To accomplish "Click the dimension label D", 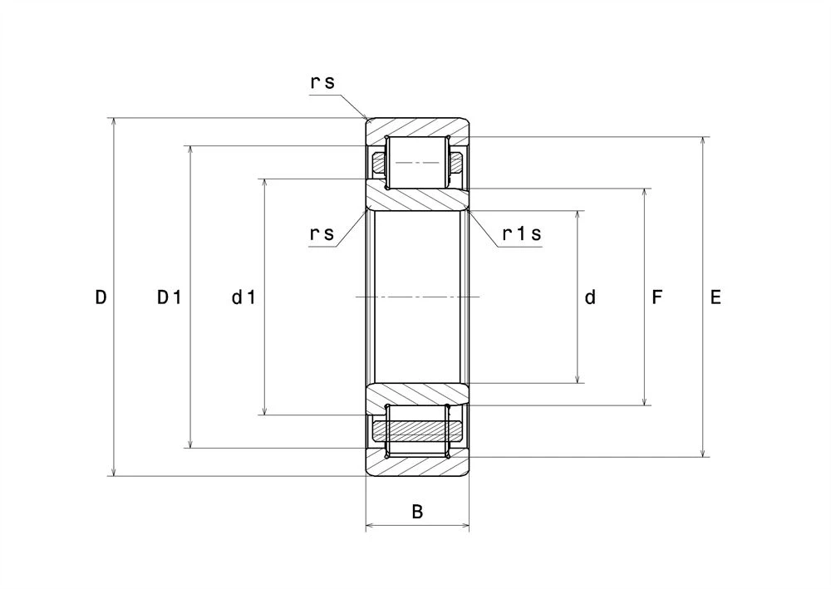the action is [x=101, y=297].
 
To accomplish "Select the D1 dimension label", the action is [x=170, y=297].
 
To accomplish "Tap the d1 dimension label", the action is [x=243, y=297].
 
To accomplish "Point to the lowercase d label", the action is [x=590, y=297].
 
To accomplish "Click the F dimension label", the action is [x=656, y=297].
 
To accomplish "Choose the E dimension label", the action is [x=715, y=297].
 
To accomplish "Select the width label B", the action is [x=418, y=512].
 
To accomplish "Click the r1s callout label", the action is [x=522, y=233].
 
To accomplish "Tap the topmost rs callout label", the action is [x=322, y=82].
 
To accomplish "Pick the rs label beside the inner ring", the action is [x=322, y=233].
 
